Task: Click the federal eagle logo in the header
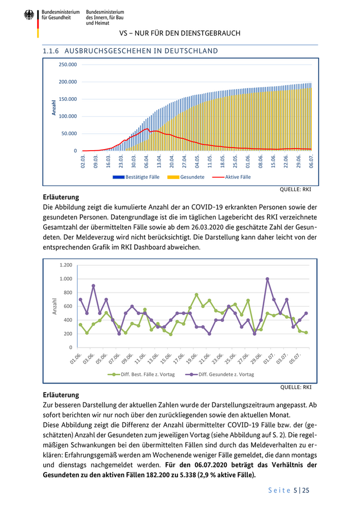(x=29, y=15)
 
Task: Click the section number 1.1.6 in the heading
(x=51, y=51)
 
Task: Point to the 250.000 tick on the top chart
(x=68, y=65)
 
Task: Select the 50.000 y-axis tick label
(x=69, y=134)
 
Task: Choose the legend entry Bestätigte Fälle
(x=142, y=177)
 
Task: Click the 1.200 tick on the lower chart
(x=65, y=265)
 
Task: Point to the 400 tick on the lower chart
(x=67, y=320)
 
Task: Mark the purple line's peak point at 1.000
(x=267, y=279)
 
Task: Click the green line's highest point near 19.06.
(x=196, y=295)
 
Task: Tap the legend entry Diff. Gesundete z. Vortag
(x=226, y=374)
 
